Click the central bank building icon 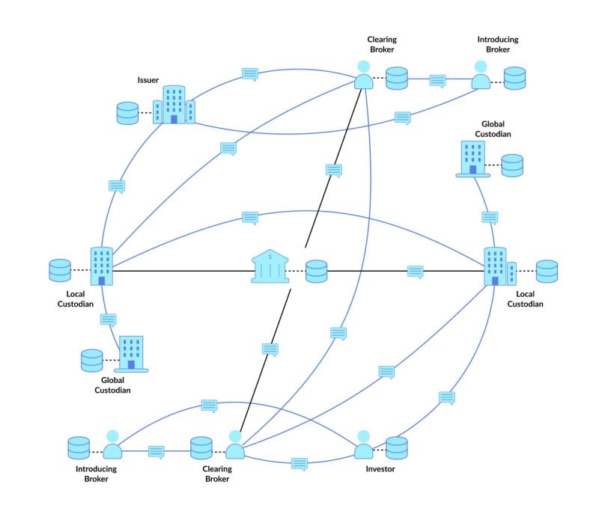tap(271, 267)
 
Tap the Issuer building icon tap(174, 104)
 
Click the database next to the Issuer tap(129, 114)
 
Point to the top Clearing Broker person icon tap(364, 75)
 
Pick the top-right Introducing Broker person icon tap(481, 75)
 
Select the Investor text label tap(380, 469)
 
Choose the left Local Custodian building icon tap(101, 266)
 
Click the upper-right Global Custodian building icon tap(473, 158)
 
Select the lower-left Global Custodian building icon tap(131, 353)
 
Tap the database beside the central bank tap(317, 271)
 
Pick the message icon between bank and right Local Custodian tap(416, 271)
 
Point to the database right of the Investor tap(397, 447)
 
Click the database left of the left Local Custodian tap(59, 269)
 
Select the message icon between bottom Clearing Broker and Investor tap(299, 464)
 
